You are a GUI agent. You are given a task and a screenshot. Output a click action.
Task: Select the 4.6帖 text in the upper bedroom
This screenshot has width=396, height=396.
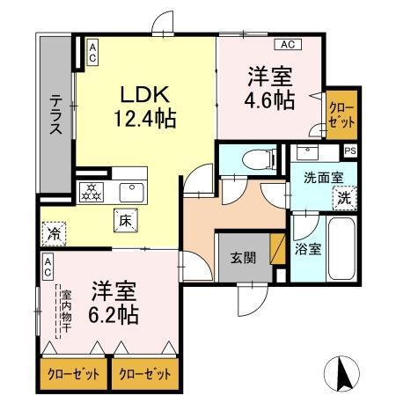pos(268,100)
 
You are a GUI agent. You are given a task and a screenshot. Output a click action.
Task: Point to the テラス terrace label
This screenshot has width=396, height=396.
pos(54,114)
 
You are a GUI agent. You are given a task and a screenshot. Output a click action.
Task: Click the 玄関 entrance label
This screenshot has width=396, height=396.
pos(244,257)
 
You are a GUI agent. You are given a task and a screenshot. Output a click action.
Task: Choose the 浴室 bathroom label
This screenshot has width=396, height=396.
pos(307,249)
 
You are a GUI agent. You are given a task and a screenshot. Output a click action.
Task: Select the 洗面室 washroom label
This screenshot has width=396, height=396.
pos(319,177)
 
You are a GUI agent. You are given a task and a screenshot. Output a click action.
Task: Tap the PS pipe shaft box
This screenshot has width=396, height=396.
pos(350,150)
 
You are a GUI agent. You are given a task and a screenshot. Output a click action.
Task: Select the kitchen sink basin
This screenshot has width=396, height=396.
pos(132,190)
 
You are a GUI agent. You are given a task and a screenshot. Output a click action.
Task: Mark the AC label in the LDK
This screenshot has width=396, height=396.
pos(92,50)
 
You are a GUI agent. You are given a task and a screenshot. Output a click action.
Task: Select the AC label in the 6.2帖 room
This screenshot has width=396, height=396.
pos(48,261)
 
